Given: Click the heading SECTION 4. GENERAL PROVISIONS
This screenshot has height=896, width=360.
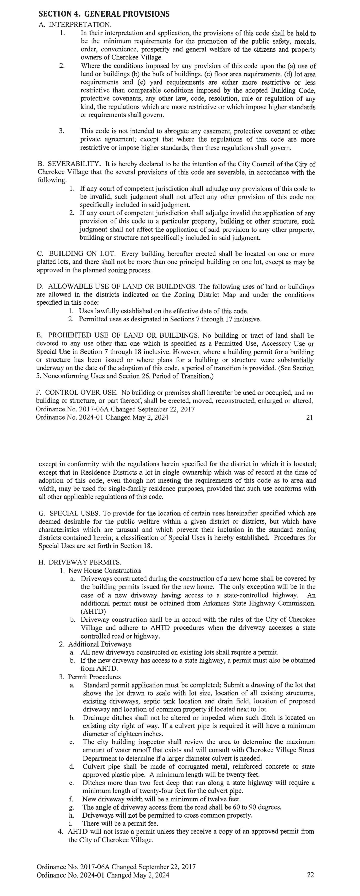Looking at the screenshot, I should click(104, 14).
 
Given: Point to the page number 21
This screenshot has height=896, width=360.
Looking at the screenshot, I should click(309, 417).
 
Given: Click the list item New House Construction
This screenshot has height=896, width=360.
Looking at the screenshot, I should click(104, 570).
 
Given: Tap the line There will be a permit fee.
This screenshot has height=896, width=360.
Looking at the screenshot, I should click(120, 823).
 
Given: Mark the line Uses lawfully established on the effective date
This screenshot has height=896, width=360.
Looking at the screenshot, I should click(163, 311).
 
